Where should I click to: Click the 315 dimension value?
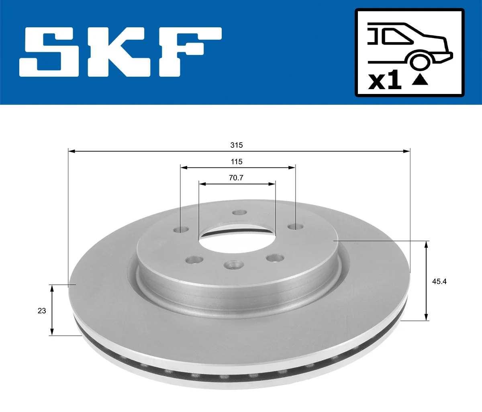[237, 145]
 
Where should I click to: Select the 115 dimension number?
[237, 162]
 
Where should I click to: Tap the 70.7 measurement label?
[236, 178]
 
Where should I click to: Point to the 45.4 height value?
[439, 281]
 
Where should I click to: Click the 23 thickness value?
[42, 311]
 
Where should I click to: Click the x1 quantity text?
[385, 81]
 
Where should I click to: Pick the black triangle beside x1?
[420, 80]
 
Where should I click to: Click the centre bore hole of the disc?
[237, 237]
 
